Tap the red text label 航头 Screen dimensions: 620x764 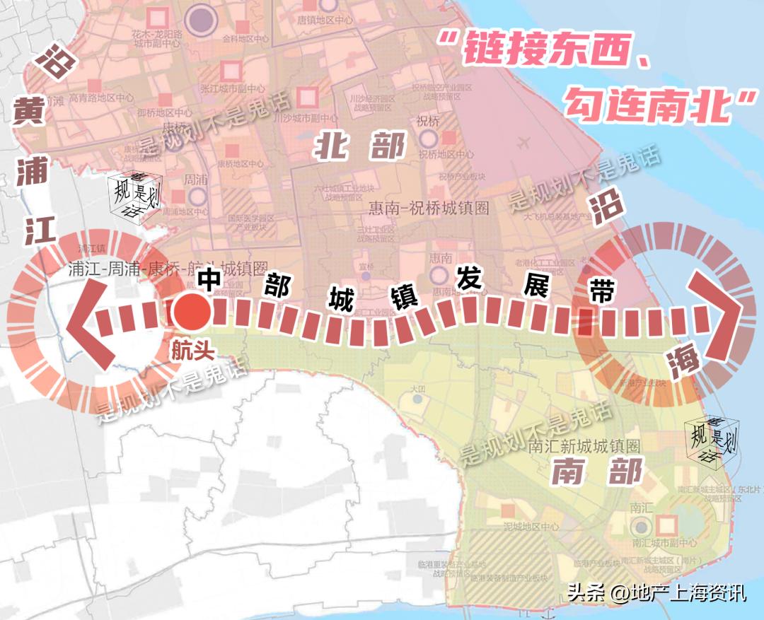[192, 350]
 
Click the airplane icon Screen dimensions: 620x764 [524, 143]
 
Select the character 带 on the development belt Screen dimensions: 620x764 [602, 291]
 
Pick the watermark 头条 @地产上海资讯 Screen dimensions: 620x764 [657, 592]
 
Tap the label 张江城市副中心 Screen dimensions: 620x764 [233, 89]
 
